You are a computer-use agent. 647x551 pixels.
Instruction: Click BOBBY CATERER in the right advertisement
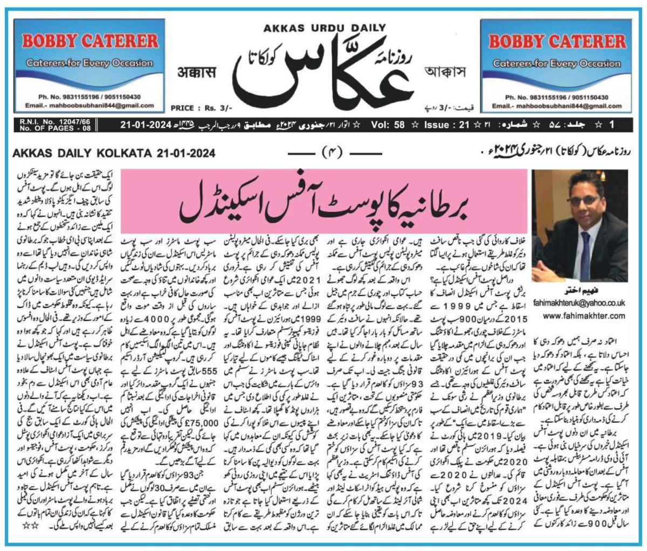tap(557, 42)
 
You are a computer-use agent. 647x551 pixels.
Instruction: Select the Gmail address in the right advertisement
tap(557, 106)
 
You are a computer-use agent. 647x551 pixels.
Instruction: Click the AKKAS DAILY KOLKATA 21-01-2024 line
tap(114, 154)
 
